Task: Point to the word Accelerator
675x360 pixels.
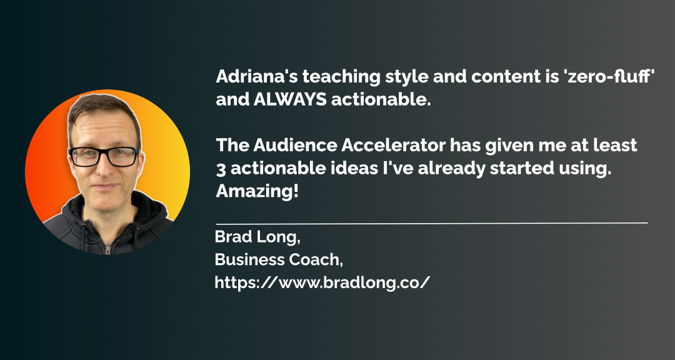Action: coord(394,146)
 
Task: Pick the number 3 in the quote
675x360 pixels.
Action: coord(221,169)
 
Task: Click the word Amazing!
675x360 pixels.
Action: coord(257,192)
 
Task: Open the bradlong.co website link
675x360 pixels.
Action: coord(322,282)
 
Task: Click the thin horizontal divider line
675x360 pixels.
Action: coord(431,223)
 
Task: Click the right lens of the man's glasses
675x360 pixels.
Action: coord(123,157)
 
